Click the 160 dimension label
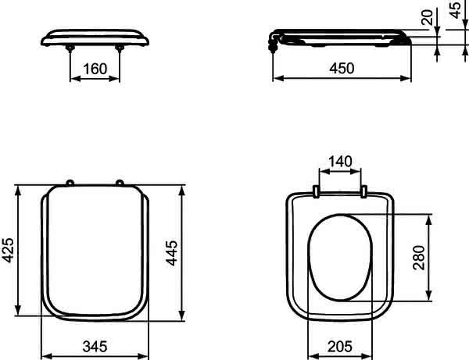pos(95,69)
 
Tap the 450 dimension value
pos(342,69)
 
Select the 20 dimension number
pos(427,17)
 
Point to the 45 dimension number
pos(455,10)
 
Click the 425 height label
pos(8,250)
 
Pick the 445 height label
pos(172,253)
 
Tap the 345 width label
pos(95,347)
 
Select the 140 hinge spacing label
pos(340,162)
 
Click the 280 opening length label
pos(419,258)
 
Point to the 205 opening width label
pos(340,347)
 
